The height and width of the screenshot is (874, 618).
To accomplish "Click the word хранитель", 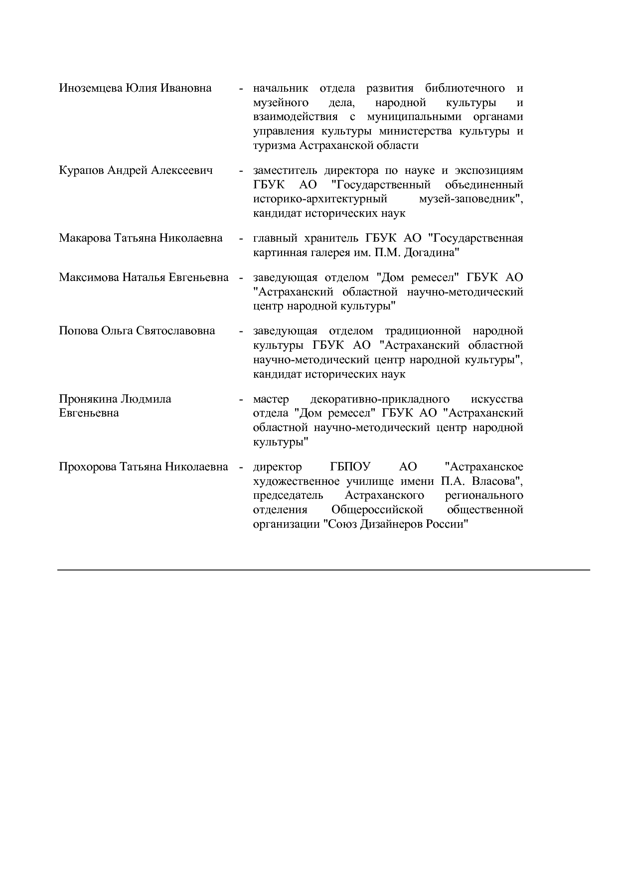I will (x=332, y=238).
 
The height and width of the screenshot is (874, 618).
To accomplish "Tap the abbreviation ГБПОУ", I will (x=350, y=467).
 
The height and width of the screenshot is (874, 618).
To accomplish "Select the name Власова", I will (x=495, y=481).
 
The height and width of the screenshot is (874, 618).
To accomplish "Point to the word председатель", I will (x=288, y=496).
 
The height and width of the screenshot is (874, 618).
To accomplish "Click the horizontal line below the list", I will (x=323, y=570).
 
